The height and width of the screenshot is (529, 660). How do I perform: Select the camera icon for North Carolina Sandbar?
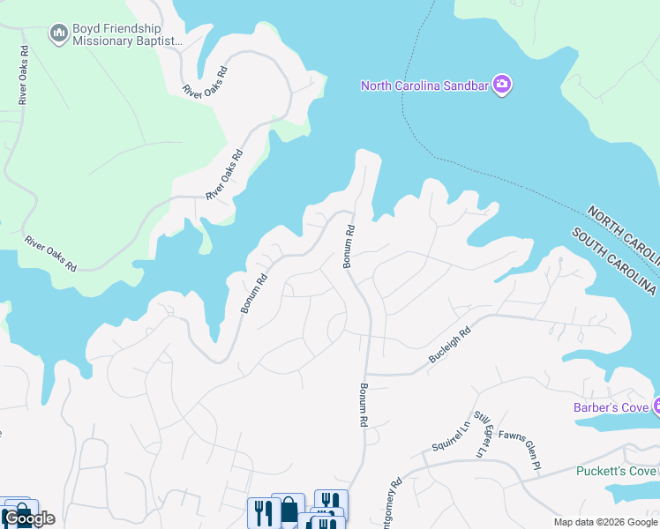click(x=503, y=85)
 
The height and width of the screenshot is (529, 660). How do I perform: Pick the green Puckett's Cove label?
click(x=616, y=471)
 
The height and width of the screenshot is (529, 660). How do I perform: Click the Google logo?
click(x=29, y=518)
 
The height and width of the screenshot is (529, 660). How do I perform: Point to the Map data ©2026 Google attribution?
click(x=605, y=522)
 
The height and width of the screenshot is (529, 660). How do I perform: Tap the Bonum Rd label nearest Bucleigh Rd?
click(x=363, y=406)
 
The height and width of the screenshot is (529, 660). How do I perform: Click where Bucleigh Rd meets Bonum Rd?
click(x=367, y=373)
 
